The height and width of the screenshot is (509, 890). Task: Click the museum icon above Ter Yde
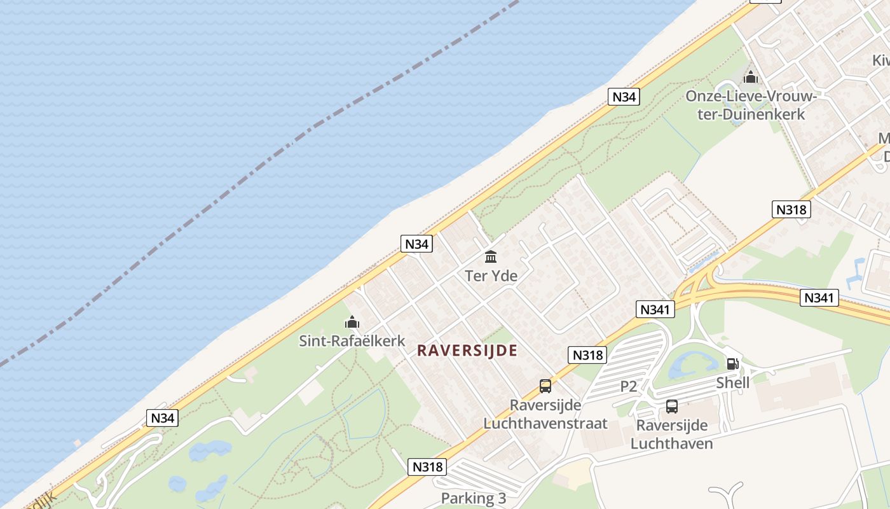point(491,257)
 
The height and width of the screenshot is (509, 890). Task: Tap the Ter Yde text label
point(491,276)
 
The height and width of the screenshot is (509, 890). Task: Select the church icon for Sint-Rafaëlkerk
point(352,323)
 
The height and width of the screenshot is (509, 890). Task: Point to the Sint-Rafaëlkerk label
point(352,341)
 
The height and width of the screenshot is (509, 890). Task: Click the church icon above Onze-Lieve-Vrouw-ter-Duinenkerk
point(751,78)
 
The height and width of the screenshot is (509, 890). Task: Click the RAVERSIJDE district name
point(467,351)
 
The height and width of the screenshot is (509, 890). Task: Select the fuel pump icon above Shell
point(732,364)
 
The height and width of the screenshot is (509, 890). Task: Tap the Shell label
point(732,382)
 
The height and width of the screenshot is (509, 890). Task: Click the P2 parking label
point(629,386)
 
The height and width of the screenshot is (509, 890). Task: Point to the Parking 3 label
point(474,498)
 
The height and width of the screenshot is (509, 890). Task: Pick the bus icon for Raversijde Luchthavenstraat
point(545,386)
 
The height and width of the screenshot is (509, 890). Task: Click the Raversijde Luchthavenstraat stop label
point(545,414)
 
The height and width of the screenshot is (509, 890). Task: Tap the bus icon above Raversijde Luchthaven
point(672,406)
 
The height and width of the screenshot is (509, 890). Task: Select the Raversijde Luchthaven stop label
point(672,434)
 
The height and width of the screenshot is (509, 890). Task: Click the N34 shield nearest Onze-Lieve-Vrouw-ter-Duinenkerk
point(624,97)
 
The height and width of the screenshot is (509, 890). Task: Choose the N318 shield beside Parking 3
point(427,466)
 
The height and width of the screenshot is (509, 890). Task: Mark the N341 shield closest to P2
point(655,310)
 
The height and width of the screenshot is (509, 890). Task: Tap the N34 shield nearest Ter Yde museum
point(416,244)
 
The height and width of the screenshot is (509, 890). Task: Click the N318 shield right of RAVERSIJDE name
point(587,355)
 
